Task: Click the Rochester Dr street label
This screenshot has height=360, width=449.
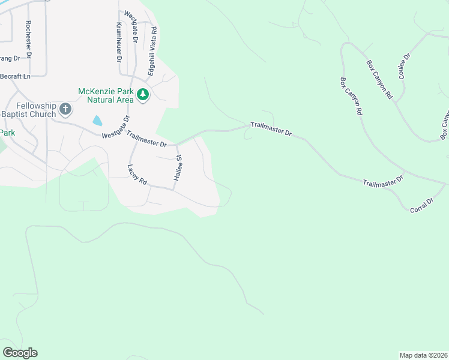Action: [x=28, y=39]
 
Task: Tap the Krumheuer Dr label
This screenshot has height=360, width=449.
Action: [x=118, y=43]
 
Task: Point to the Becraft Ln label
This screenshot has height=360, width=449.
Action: [x=15, y=76]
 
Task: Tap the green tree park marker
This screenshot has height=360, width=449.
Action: [x=143, y=95]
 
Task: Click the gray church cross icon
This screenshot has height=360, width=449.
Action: [x=65, y=109]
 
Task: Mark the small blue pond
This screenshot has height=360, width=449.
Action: [x=97, y=121]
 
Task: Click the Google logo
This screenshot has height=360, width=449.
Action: [x=20, y=353]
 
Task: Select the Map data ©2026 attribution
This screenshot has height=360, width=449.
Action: [x=423, y=355]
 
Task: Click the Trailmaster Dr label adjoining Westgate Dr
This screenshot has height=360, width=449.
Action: [x=146, y=142]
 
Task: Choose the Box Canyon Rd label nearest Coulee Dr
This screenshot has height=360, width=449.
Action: [x=379, y=79]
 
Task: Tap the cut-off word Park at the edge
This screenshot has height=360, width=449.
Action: [x=7, y=132]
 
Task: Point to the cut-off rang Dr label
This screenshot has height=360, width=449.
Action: [x=10, y=58]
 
